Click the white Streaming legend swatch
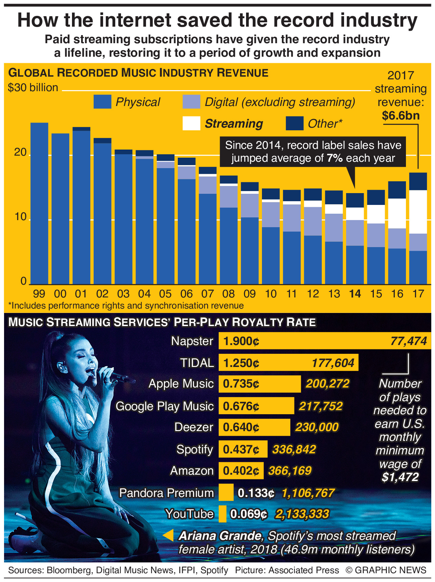click(191, 124)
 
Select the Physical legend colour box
click(102, 102)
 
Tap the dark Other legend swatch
click(294, 124)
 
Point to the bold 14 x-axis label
click(355, 294)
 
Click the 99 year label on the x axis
click(39, 294)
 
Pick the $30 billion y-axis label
click(33, 88)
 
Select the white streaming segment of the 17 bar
click(418, 212)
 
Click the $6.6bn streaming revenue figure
click(401, 116)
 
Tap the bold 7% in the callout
click(335, 158)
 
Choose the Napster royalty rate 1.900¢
click(241, 341)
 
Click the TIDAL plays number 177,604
click(333, 363)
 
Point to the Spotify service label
click(195, 449)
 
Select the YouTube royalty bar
click(222, 514)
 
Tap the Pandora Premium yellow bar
click(226, 493)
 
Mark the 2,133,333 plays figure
click(302, 514)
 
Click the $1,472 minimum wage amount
click(400, 477)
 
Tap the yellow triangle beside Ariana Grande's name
click(169, 535)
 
